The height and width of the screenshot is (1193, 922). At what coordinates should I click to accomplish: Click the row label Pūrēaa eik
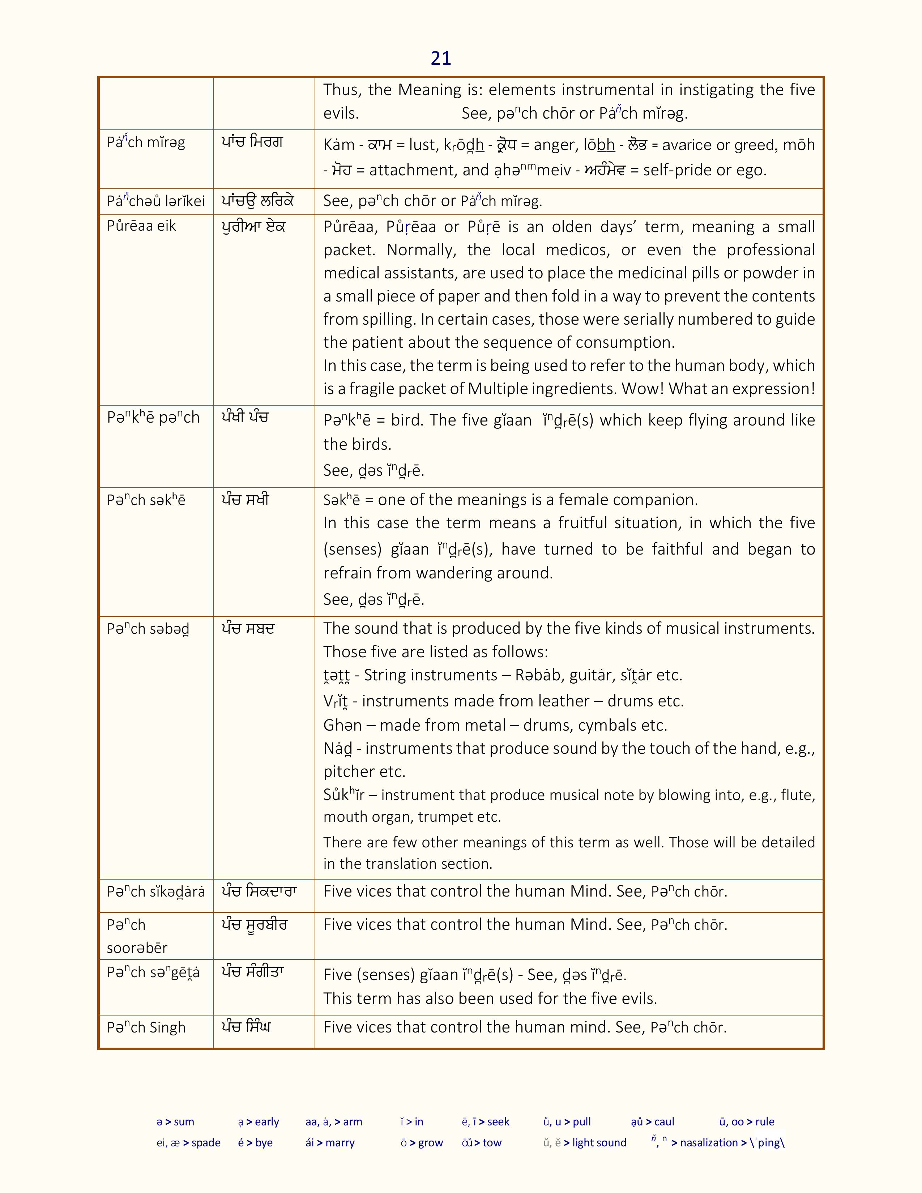[141, 226]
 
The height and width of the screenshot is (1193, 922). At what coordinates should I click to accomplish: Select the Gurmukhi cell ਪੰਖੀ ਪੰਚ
[245, 418]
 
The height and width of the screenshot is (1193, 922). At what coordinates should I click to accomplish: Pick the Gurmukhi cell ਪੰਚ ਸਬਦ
[247, 629]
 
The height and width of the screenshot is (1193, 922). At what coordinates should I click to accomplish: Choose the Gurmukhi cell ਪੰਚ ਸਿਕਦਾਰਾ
[259, 892]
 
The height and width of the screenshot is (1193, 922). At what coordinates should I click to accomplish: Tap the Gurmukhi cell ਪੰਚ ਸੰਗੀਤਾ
[252, 972]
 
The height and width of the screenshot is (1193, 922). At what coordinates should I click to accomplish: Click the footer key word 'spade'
[206, 1143]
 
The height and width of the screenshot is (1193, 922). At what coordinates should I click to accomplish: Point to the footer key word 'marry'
[340, 1143]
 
